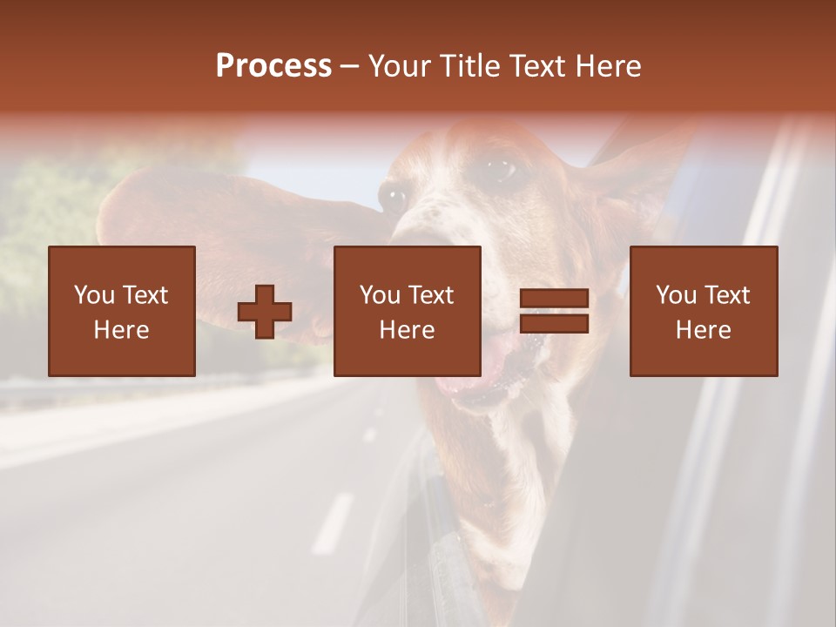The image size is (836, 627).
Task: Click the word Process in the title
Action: (273, 66)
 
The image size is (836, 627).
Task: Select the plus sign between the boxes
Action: (265, 312)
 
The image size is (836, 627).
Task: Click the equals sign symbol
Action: (554, 312)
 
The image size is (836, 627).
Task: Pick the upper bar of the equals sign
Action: (554, 300)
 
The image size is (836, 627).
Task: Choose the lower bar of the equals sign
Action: (554, 324)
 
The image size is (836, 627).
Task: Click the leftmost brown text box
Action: (122, 312)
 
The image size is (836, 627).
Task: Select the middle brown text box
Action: (408, 312)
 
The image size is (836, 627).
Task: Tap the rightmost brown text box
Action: (704, 312)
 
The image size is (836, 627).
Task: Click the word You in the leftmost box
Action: (94, 295)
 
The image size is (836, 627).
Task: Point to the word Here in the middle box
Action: (408, 330)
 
